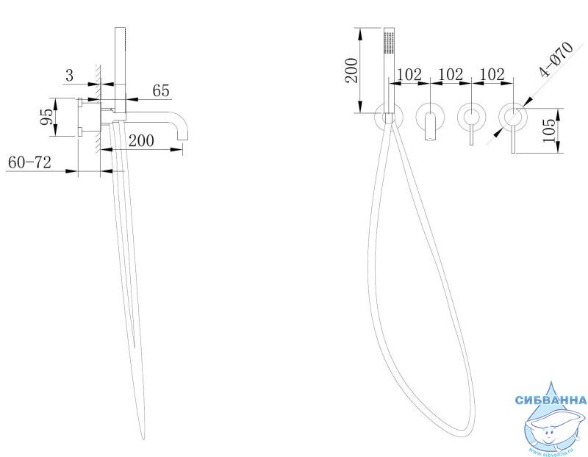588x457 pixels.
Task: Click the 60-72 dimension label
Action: pyautogui.click(x=29, y=162)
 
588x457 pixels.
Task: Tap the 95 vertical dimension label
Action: pyautogui.click(x=47, y=117)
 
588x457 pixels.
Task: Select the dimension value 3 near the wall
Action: pyautogui.click(x=70, y=76)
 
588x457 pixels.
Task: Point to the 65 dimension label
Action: pyautogui.click(x=161, y=90)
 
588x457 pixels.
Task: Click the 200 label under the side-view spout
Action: pyautogui.click(x=141, y=140)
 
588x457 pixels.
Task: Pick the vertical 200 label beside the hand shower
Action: pyautogui.click(x=352, y=70)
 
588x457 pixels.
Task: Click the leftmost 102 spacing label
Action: pyautogui.click(x=409, y=74)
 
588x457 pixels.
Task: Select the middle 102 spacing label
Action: pyautogui.click(x=451, y=74)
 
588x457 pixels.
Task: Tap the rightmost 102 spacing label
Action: pyautogui.click(x=492, y=74)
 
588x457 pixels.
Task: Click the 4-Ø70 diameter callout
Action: pyautogui.click(x=556, y=60)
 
